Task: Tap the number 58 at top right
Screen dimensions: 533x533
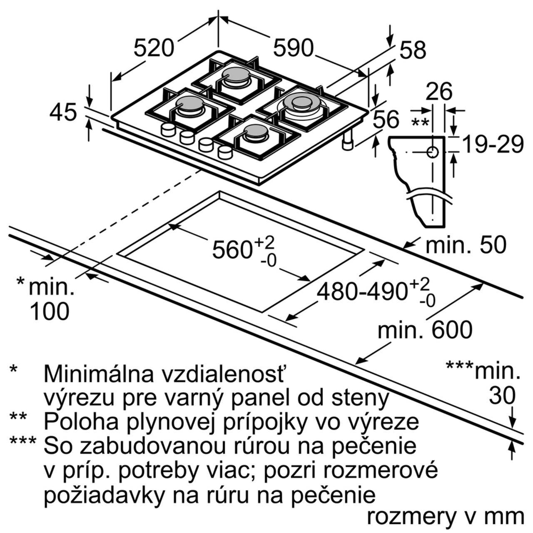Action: click(x=413, y=50)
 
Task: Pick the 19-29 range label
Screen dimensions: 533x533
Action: click(x=493, y=144)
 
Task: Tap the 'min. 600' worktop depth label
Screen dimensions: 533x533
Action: click(x=425, y=330)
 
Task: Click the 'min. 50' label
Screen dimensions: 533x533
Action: click(x=466, y=245)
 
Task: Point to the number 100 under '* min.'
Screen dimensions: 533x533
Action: click(x=49, y=311)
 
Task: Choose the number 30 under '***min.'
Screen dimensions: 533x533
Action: click(x=502, y=396)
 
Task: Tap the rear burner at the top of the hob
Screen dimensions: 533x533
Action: click(x=236, y=77)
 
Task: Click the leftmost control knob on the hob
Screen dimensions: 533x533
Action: click(x=168, y=130)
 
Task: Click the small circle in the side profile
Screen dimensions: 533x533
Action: click(x=433, y=153)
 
